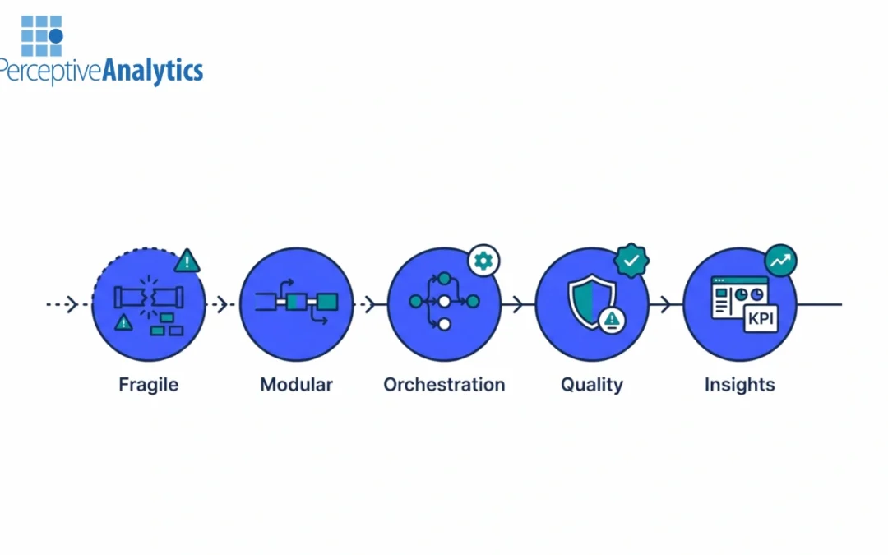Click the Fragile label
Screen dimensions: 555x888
coord(148,384)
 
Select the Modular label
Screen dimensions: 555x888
coord(296,384)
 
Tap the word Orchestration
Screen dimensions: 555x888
coord(444,384)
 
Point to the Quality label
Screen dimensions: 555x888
coord(592,384)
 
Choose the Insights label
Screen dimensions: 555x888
coord(739,384)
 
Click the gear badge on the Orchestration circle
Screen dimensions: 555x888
coord(483,261)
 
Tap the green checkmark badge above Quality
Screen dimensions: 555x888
coord(631,261)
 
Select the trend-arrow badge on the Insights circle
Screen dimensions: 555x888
coord(779,261)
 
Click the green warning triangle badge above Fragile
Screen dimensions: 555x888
coord(188,261)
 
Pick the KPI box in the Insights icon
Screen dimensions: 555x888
coord(760,319)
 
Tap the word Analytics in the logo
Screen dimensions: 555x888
coord(152,71)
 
